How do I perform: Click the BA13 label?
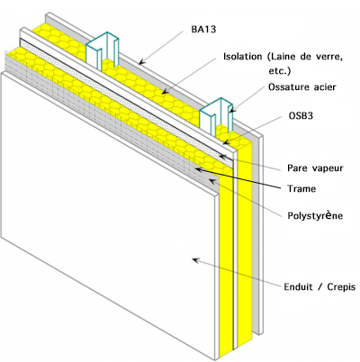(203, 29)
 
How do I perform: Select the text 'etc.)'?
(280, 71)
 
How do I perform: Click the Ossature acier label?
(302, 87)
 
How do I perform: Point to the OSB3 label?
(301, 115)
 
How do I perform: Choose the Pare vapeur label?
(315, 167)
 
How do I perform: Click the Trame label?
(301, 188)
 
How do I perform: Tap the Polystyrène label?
(315, 215)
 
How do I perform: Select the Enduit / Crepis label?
(319, 286)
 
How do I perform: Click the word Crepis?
(341, 287)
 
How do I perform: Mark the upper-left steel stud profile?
(103, 50)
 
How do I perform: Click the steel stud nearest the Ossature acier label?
(216, 116)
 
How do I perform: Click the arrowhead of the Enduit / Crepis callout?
(195, 260)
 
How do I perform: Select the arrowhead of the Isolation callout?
(164, 92)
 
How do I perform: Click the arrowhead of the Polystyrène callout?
(212, 181)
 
